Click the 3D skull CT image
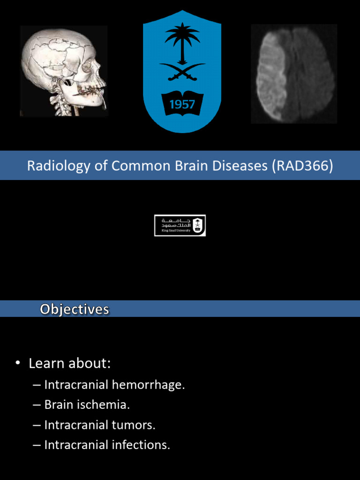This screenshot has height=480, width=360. tap(64, 71)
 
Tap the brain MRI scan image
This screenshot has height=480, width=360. tap(294, 74)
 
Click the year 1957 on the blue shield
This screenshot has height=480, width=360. tap(182, 104)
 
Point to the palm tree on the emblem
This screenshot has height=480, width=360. tap(182, 40)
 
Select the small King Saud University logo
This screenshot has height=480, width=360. tap(180, 225)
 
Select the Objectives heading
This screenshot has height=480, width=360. tap(75, 309)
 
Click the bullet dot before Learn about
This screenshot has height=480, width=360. tap(18, 364)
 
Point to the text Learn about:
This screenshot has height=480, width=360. tap(69, 363)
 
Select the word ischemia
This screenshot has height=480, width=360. tap(106, 405)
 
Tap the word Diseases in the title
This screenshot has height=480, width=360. tap(238, 166)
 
